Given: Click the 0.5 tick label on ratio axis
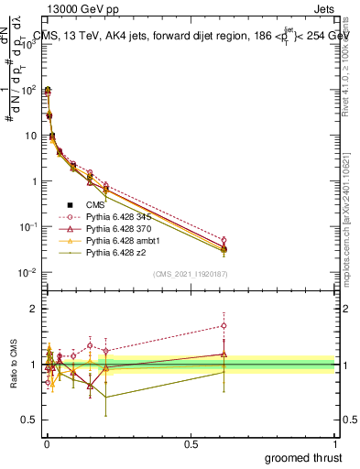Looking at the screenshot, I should coord(28,420).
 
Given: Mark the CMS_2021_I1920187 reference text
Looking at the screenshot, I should coord(191,273).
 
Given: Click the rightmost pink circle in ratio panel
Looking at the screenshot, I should coord(224,325).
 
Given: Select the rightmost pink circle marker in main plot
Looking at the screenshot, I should coord(224,240).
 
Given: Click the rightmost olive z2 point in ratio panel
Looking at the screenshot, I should coord(224,371).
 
